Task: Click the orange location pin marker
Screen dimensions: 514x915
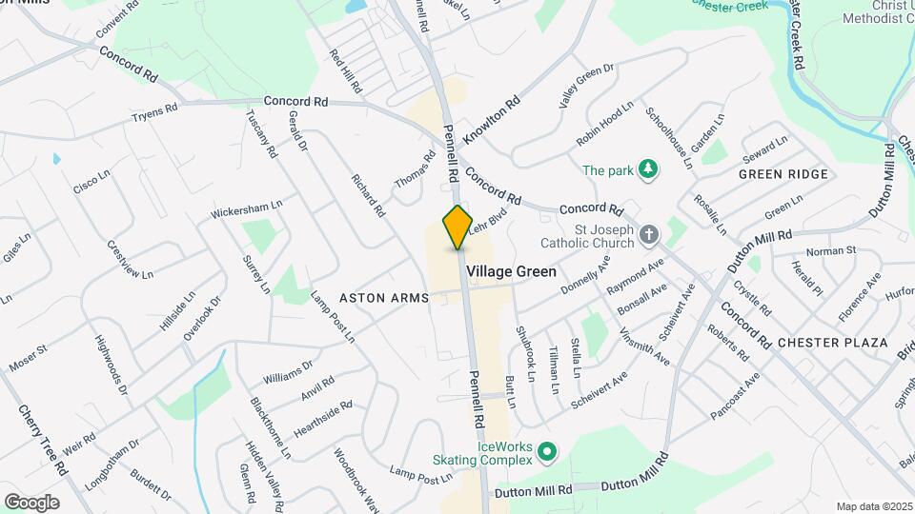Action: click(457, 227)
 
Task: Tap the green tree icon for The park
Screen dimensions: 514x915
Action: click(649, 170)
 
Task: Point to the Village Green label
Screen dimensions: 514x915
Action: click(511, 271)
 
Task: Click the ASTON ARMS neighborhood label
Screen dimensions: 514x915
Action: click(379, 298)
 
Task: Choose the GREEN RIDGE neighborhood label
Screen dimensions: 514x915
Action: click(783, 174)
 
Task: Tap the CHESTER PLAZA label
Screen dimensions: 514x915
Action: click(832, 342)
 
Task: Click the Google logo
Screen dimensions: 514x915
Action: click(31, 502)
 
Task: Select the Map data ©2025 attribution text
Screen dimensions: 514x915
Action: click(874, 506)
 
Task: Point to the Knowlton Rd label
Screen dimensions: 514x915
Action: click(492, 119)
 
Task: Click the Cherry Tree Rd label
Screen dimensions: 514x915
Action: click(43, 440)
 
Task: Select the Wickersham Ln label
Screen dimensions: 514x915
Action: click(248, 207)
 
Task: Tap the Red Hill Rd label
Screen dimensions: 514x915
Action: click(344, 70)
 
